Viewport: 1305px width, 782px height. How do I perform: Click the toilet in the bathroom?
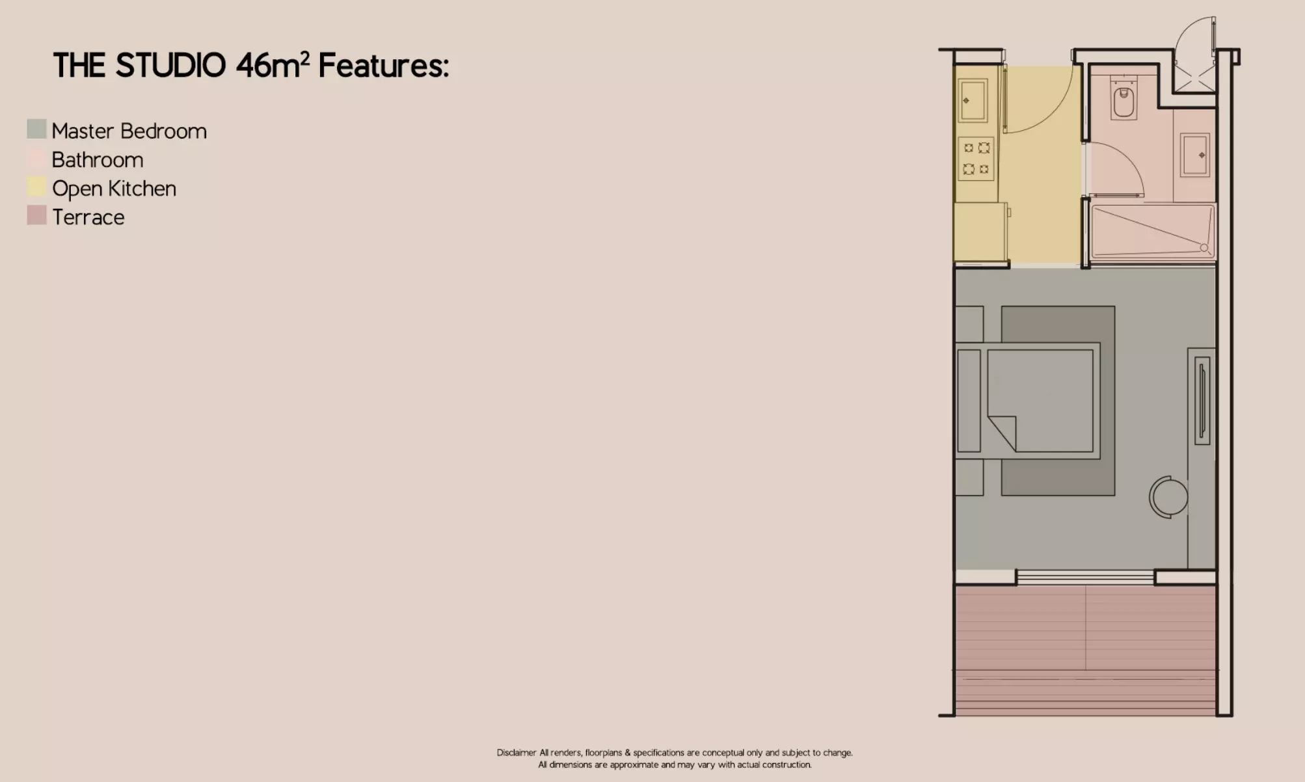1123,98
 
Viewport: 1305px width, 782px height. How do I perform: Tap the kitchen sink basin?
973,100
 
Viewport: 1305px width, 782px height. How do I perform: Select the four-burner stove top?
976,159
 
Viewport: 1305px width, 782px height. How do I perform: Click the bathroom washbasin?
1195,155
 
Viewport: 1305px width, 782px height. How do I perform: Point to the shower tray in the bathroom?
1153,232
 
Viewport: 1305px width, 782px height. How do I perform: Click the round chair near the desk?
1168,497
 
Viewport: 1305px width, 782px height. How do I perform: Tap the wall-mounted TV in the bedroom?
1202,401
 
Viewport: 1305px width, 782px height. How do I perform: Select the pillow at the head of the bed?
969,401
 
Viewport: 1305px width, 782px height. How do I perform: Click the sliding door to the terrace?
1085,577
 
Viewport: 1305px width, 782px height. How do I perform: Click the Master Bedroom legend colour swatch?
36,129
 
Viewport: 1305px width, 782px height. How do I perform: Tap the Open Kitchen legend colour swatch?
36,187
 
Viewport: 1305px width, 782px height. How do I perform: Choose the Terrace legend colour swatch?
36,215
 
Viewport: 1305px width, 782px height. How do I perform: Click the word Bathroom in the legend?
98,159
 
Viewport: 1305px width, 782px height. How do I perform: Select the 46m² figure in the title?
273,65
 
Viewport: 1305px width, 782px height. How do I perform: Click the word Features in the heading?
384,66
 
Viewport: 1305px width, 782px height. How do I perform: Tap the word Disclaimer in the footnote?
517,753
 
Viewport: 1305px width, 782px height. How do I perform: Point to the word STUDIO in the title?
170,66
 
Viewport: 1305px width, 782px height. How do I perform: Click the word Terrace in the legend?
88,217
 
